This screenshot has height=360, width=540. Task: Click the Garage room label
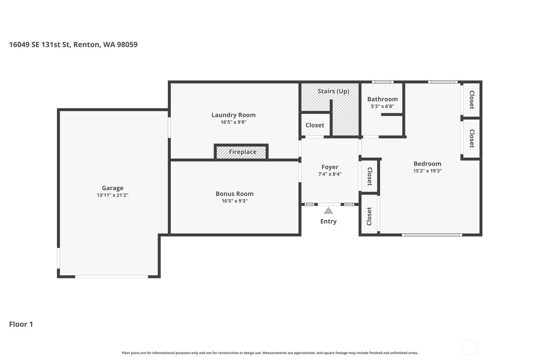point(112,188)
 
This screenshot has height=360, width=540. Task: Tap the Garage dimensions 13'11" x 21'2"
point(112,195)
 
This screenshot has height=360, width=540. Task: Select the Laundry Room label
point(233,115)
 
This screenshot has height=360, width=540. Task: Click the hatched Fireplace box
point(242,152)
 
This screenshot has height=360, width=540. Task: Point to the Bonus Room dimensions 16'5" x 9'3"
point(234,201)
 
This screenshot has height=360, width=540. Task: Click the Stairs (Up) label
point(333,91)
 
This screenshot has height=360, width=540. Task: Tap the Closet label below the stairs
point(315,125)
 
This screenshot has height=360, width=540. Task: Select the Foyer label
point(330,167)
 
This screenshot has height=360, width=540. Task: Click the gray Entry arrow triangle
point(328,211)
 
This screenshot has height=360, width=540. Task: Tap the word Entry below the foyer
point(328,221)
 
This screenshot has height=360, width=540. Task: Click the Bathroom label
point(382,99)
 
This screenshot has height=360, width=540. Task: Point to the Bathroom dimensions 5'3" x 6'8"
point(382,106)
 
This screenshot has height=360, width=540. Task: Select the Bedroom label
point(427,164)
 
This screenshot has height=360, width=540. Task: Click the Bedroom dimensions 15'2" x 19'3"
point(427,171)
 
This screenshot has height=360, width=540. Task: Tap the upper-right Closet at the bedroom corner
point(471,100)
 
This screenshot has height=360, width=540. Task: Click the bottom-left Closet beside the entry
point(369,216)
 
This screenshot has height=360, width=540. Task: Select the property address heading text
point(73,45)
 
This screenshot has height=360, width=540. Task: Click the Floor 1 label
point(21,324)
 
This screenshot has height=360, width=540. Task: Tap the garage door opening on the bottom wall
point(111,277)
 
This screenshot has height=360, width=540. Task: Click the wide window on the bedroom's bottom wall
point(432,235)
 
